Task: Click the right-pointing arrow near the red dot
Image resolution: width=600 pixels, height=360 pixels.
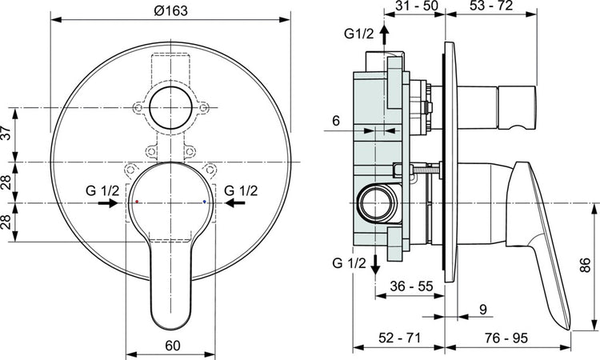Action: click(105, 204)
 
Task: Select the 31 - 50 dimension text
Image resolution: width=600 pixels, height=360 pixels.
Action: click(418, 7)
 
